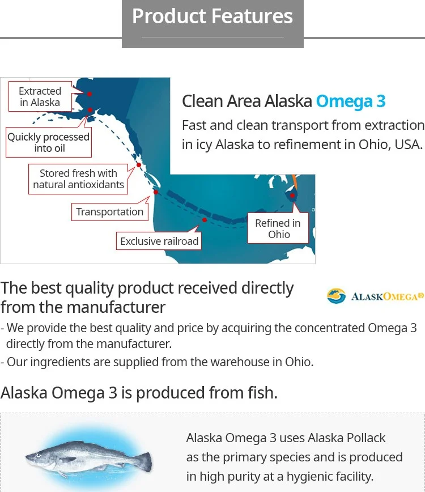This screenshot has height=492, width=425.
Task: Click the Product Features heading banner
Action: tap(212, 17)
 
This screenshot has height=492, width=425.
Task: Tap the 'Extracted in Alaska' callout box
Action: tap(40, 96)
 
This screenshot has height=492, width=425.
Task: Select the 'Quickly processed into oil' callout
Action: tap(48, 142)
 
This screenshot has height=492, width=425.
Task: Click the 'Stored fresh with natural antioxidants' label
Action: tap(78, 179)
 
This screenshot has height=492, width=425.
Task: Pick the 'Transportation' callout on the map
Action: tap(110, 211)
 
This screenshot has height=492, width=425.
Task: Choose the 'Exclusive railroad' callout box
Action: tap(159, 241)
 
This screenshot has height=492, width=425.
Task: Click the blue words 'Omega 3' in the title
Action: tap(351, 101)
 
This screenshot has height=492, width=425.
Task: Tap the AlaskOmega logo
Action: tap(375, 295)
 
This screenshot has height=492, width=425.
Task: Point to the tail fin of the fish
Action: tap(144, 461)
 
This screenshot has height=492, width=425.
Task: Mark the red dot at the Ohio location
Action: tap(292, 196)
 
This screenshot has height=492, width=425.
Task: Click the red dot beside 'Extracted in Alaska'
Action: tap(89, 94)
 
